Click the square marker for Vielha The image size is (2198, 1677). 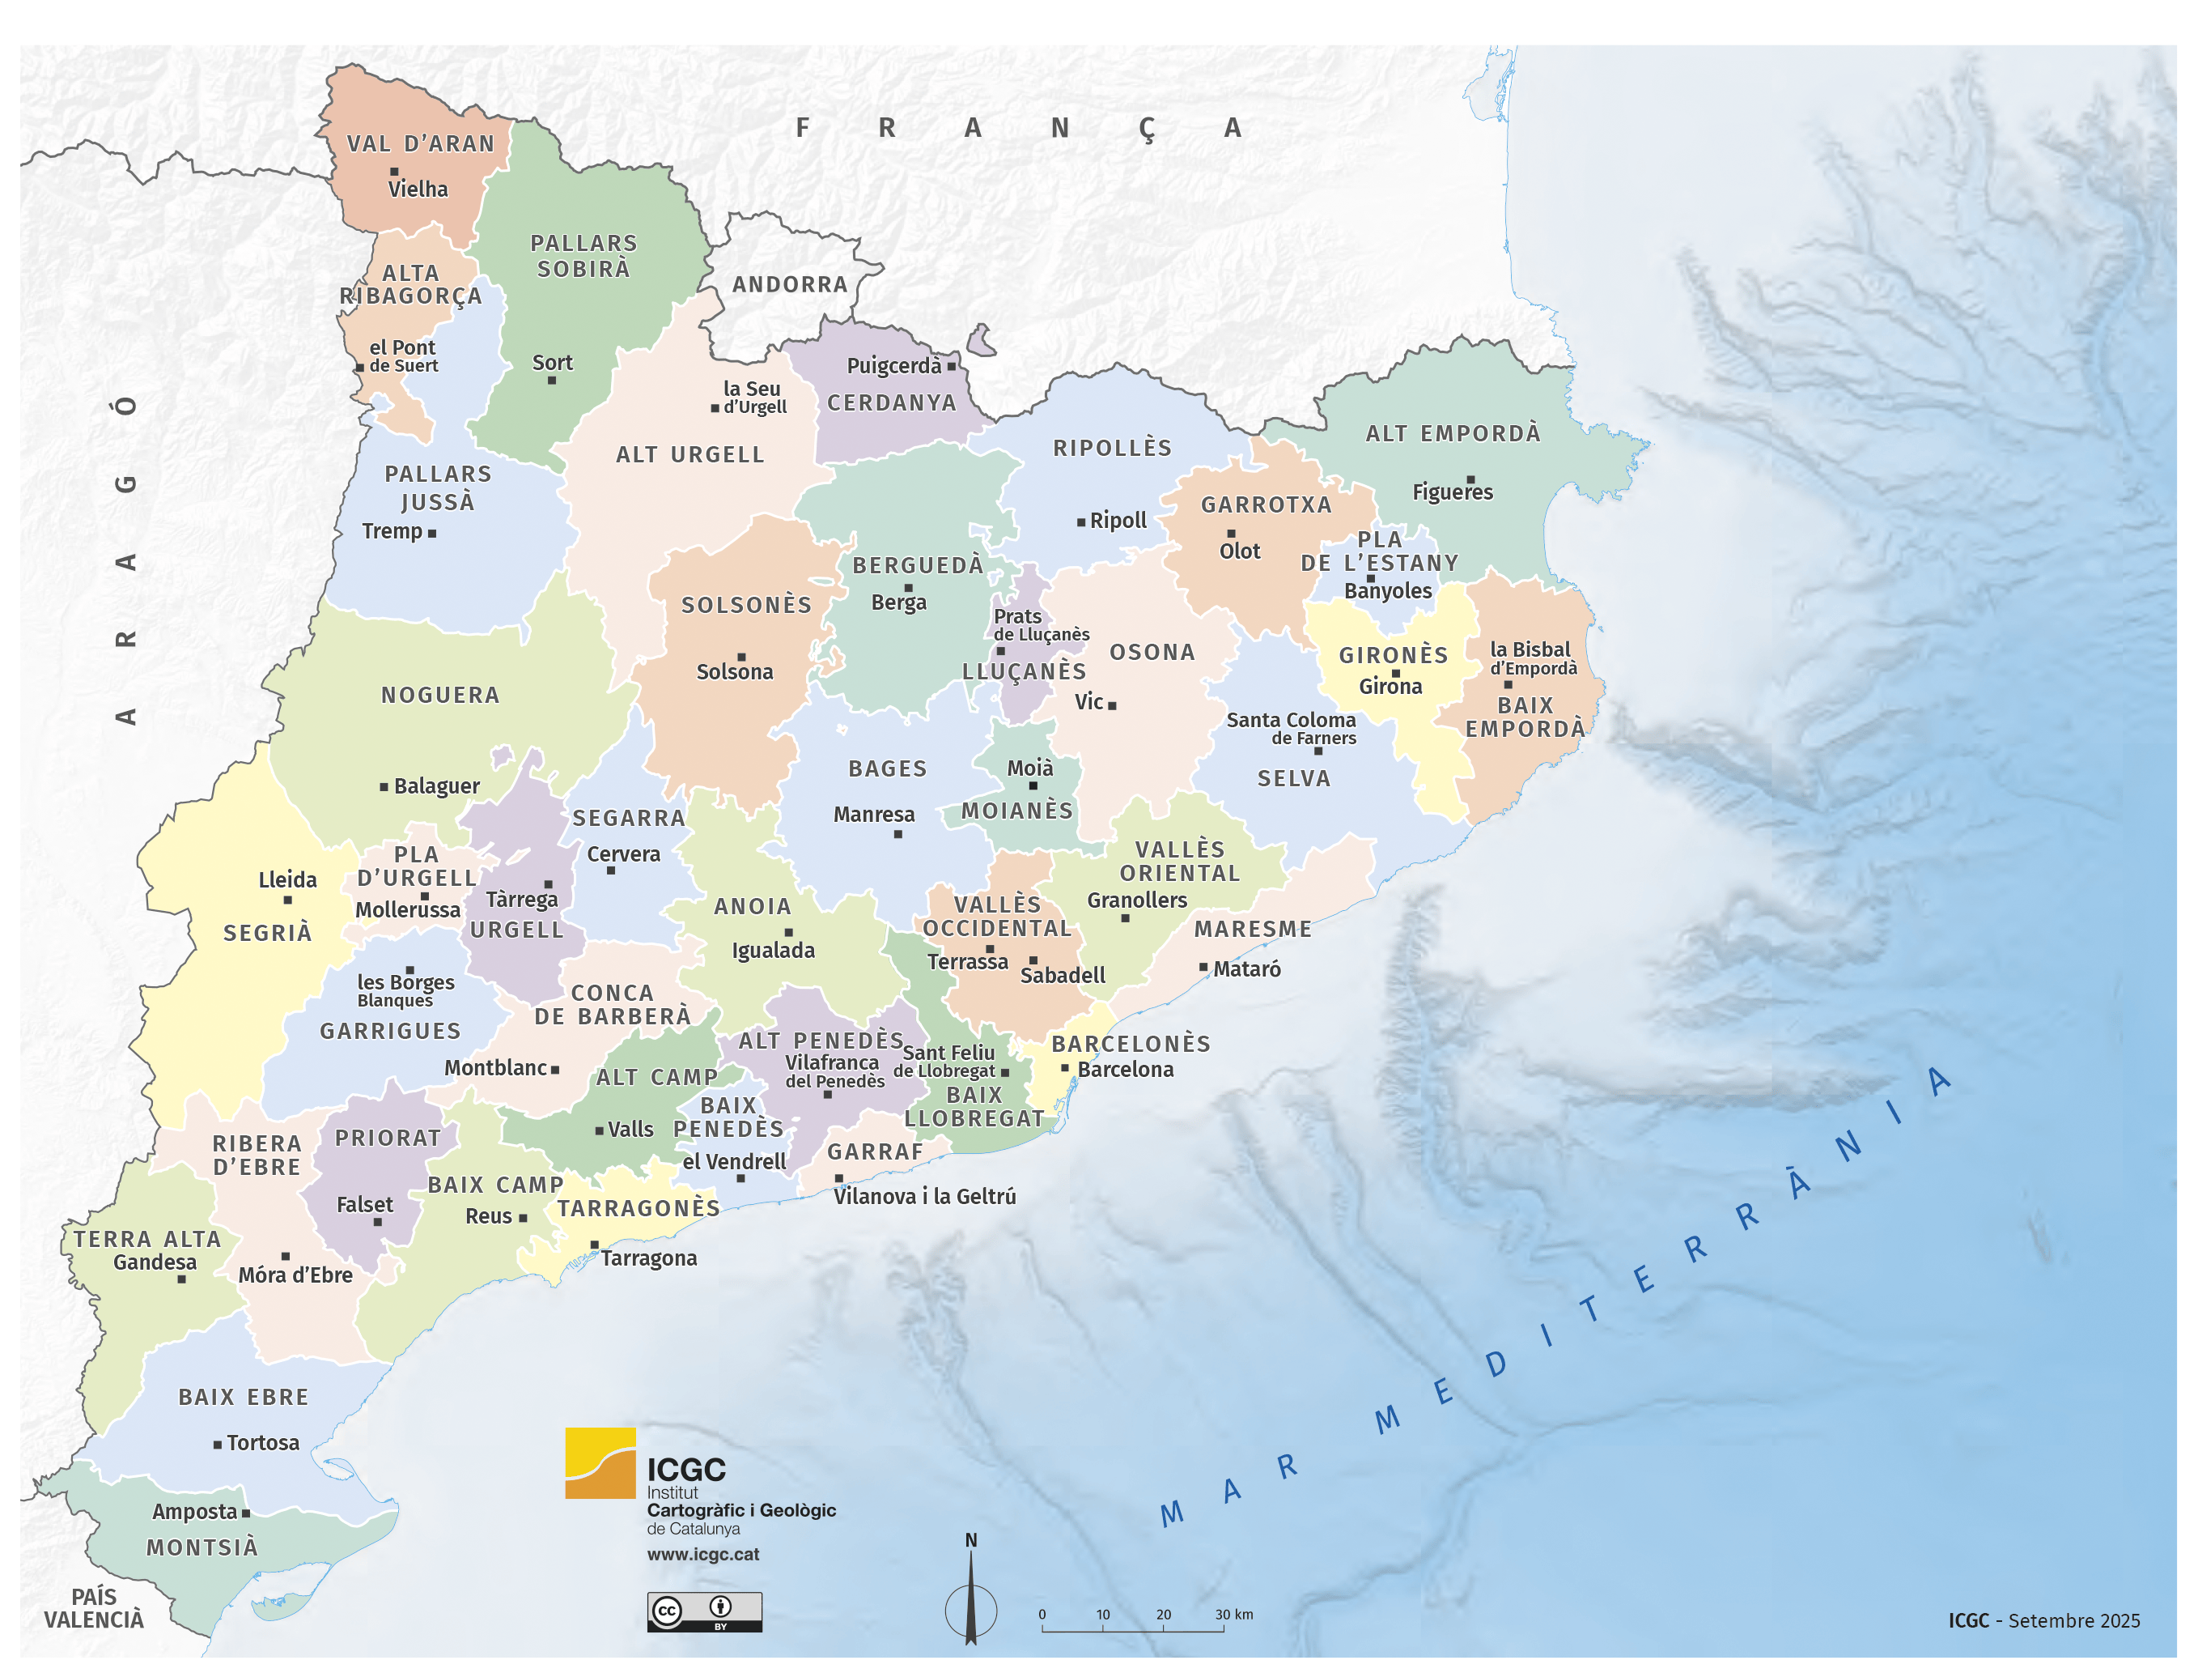pos(393,172)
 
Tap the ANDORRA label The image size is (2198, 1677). pos(789,284)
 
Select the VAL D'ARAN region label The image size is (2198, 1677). pos(420,144)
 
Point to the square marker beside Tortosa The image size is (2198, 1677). pos(218,1444)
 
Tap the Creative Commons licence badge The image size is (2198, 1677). pos(703,1611)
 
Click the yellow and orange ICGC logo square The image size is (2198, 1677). pos(600,1462)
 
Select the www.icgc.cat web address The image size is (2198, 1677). pos(702,1554)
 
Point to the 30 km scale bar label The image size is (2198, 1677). pos(1233,1614)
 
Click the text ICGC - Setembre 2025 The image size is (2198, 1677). pos(2043,1620)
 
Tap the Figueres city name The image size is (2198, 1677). pos(1452,492)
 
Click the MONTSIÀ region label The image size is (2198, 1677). pos(202,1547)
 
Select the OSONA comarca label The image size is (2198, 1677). pos(1152,652)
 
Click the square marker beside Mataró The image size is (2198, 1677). pos(1203,968)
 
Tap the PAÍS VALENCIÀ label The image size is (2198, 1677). pos(94,1608)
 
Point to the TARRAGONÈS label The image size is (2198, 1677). pos(639,1208)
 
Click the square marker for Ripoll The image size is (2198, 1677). pos(1080,522)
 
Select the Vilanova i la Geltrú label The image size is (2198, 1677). pos(924,1196)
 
